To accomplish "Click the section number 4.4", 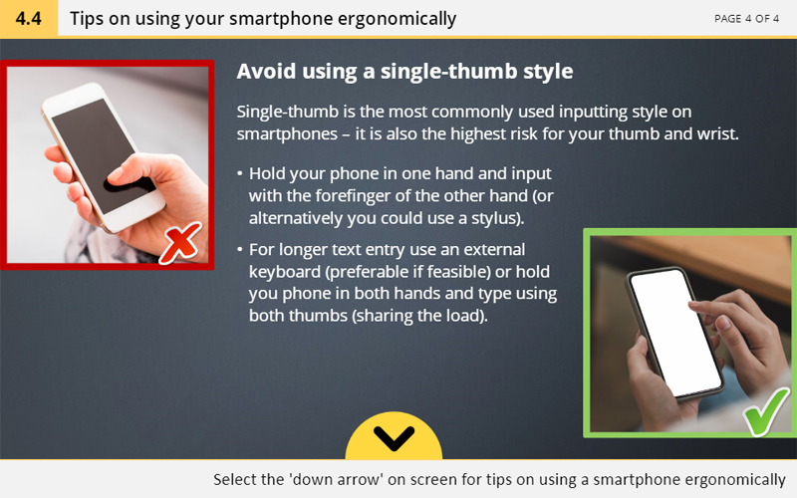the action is pos(29,18).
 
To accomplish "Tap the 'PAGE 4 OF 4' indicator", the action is pos(746,19).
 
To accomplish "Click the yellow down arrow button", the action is pos(394,436).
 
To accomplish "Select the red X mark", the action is pos(180,243).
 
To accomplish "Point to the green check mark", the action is pos(766,411).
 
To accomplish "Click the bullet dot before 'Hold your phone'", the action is pos(240,173).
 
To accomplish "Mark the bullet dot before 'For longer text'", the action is pos(240,250).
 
